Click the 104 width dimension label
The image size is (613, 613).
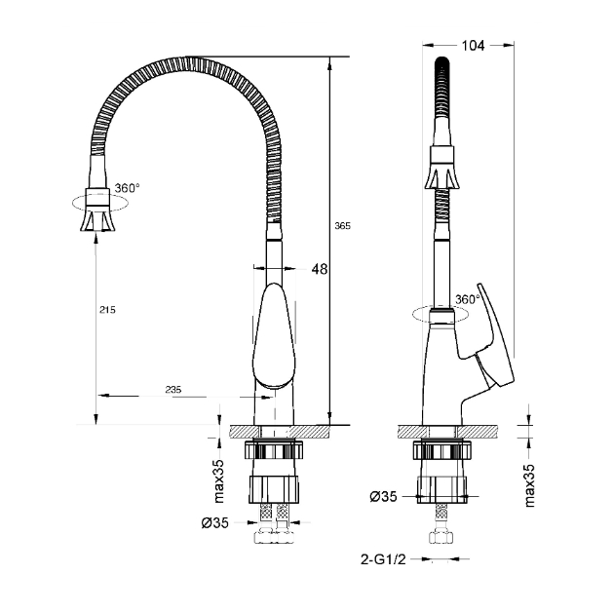[473, 46]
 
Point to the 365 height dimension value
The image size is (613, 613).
[342, 226]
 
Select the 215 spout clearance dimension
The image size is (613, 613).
[107, 310]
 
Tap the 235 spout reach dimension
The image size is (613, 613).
[173, 390]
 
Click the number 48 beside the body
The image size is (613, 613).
[320, 269]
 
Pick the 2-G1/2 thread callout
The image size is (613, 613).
[383, 559]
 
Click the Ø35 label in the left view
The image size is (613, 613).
[215, 522]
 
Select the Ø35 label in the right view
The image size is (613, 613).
[383, 496]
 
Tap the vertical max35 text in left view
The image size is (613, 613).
[219, 480]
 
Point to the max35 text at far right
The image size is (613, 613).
[529, 485]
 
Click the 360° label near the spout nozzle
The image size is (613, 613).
[127, 188]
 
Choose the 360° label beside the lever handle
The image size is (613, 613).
[468, 299]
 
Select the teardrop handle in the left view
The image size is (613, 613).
[274, 335]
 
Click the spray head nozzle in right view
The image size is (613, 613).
[442, 168]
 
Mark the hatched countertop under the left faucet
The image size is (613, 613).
[280, 432]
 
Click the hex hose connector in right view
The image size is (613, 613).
[441, 537]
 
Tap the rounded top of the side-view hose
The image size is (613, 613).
[442, 61]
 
